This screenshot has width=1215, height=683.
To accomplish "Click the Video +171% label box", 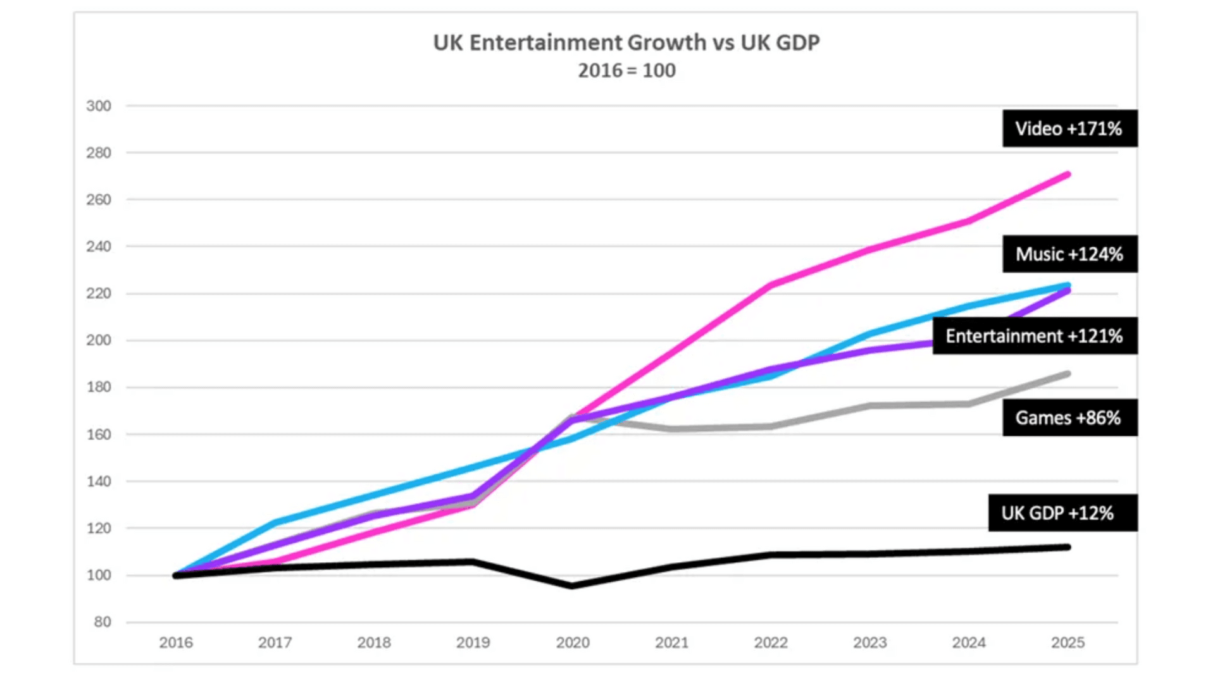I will click(1069, 128).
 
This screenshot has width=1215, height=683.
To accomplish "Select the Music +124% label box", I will click(1069, 254).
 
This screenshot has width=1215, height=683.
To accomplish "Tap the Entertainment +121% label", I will click(1034, 336).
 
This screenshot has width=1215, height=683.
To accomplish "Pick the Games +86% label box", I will click(1069, 417).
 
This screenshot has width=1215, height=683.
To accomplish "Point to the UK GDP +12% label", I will click(1062, 513).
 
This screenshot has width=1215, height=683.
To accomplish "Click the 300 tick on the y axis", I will click(99, 106).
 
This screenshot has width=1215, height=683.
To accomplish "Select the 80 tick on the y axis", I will click(103, 622).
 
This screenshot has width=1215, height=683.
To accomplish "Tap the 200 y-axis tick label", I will click(99, 340).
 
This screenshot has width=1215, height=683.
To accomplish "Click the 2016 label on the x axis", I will click(176, 643).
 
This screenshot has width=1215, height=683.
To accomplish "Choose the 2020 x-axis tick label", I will click(573, 643).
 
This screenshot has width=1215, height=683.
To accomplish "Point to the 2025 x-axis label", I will click(1068, 643).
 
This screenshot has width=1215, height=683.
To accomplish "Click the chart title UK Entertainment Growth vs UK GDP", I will click(626, 42).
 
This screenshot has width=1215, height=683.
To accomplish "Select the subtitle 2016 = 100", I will click(626, 70).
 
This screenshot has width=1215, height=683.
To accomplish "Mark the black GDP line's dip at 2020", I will click(573, 586).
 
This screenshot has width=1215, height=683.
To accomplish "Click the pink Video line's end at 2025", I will click(1068, 174).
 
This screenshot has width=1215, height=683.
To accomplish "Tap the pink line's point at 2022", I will click(771, 285).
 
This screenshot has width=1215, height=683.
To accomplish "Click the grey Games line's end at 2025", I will click(1068, 374).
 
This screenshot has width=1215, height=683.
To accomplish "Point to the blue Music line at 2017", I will click(275, 522).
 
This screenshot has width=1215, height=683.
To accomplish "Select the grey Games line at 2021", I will click(671, 429).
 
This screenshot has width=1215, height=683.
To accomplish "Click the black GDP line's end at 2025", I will click(1068, 547).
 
